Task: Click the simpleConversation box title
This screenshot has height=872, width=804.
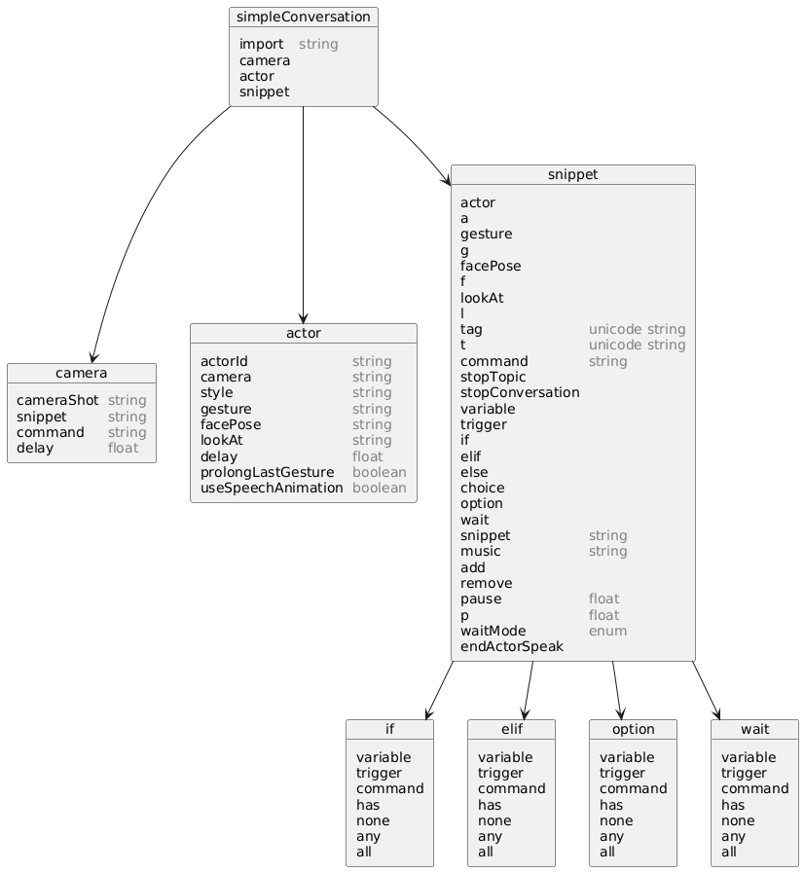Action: click(x=304, y=18)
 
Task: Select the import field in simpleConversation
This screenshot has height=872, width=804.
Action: click(x=261, y=44)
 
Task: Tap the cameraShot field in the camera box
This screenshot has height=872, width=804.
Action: click(x=57, y=400)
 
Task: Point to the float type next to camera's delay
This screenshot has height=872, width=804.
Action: click(x=123, y=449)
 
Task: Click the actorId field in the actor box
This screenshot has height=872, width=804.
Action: click(x=224, y=361)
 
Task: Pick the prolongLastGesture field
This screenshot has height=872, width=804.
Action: click(x=268, y=472)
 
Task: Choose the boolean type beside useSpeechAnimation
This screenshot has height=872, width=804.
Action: click(x=380, y=488)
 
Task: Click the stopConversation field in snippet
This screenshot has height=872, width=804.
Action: click(x=520, y=392)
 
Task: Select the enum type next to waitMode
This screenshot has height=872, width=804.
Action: click(x=607, y=632)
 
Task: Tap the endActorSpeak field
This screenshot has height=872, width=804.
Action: click(x=512, y=647)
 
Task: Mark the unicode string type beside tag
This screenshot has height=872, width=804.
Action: click(x=638, y=329)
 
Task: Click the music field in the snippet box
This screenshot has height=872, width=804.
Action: click(x=481, y=551)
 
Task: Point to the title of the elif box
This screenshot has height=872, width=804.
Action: click(x=512, y=729)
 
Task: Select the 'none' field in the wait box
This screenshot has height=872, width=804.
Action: click(x=738, y=820)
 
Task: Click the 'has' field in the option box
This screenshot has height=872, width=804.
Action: click(x=611, y=805)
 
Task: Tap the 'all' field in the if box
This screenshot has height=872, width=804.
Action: click(x=364, y=852)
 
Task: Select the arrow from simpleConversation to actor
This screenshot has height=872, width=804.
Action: click(x=303, y=215)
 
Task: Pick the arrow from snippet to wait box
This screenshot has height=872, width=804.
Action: click(x=706, y=690)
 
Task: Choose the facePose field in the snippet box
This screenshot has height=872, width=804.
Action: click(x=491, y=266)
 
